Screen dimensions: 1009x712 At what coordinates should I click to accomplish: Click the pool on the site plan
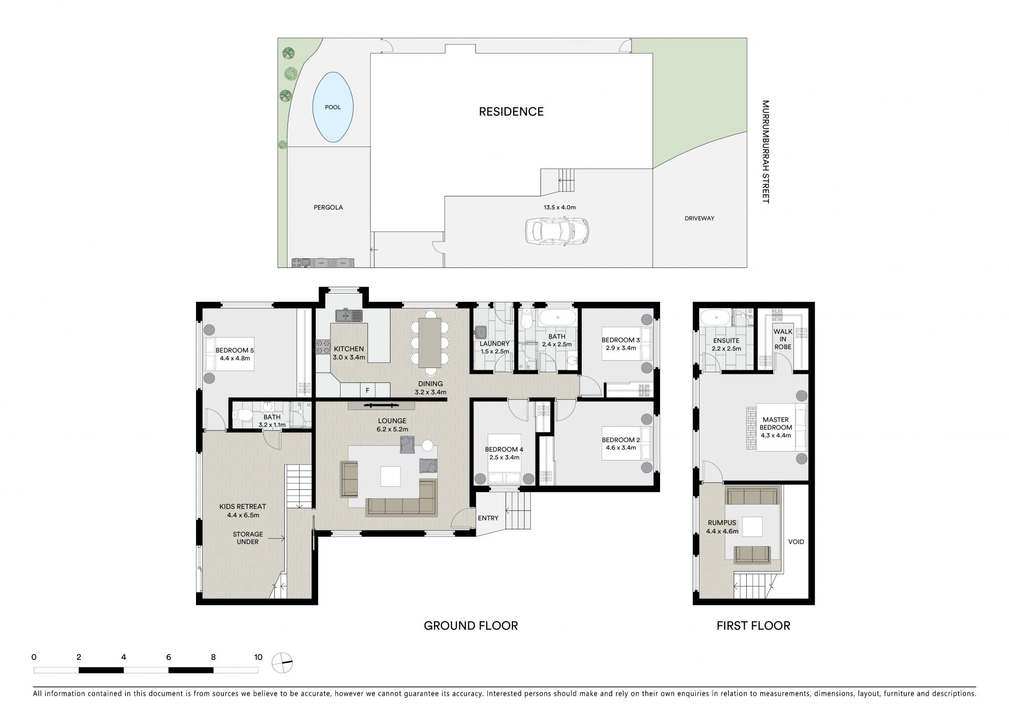tap(333, 107)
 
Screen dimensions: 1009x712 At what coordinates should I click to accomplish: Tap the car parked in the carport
tap(557, 231)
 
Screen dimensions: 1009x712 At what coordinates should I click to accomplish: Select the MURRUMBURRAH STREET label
tap(765, 152)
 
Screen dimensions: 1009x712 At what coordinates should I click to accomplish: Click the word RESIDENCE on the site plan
tap(511, 111)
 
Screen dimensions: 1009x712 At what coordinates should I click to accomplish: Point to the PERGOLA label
tap(328, 207)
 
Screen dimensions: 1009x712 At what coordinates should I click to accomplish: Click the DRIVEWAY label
tap(699, 218)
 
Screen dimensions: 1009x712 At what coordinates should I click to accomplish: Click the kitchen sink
tap(349, 315)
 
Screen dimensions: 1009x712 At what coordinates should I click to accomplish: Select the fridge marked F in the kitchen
tap(367, 390)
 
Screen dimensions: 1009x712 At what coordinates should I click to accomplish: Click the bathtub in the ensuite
tap(715, 318)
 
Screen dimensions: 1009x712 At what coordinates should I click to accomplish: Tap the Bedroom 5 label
tap(235, 351)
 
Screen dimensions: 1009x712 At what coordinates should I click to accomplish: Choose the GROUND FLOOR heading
tap(471, 625)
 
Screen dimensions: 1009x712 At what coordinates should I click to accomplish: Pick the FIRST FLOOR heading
tap(754, 625)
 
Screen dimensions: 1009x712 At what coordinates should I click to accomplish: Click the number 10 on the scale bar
tap(258, 657)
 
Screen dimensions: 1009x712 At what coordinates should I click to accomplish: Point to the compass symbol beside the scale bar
tap(282, 663)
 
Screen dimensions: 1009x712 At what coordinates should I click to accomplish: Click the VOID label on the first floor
tap(796, 542)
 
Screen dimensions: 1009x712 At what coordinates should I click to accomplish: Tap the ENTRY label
tap(488, 518)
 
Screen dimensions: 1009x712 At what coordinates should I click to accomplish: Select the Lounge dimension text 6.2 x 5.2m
tap(392, 429)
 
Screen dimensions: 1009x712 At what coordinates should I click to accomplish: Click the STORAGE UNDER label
tap(248, 538)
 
